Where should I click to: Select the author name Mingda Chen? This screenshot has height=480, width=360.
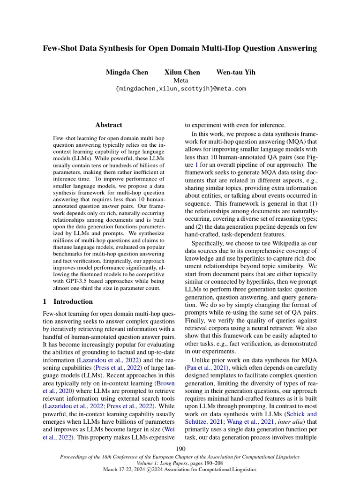pyautogui.click(x=127, y=72)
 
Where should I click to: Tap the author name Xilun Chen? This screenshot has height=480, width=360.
pyautogui.click(x=182, y=72)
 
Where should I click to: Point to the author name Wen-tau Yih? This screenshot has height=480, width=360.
pyautogui.click(x=236, y=72)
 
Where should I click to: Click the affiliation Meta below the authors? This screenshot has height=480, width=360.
pyautogui.click(x=180, y=80)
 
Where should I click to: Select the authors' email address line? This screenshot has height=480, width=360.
pyautogui.click(x=180, y=89)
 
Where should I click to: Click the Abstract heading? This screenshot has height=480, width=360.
pyautogui.click(x=109, y=125)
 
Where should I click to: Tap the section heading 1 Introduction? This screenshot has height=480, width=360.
pyautogui.click(x=68, y=301)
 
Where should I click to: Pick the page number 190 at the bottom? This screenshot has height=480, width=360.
pyautogui.click(x=180, y=450)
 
